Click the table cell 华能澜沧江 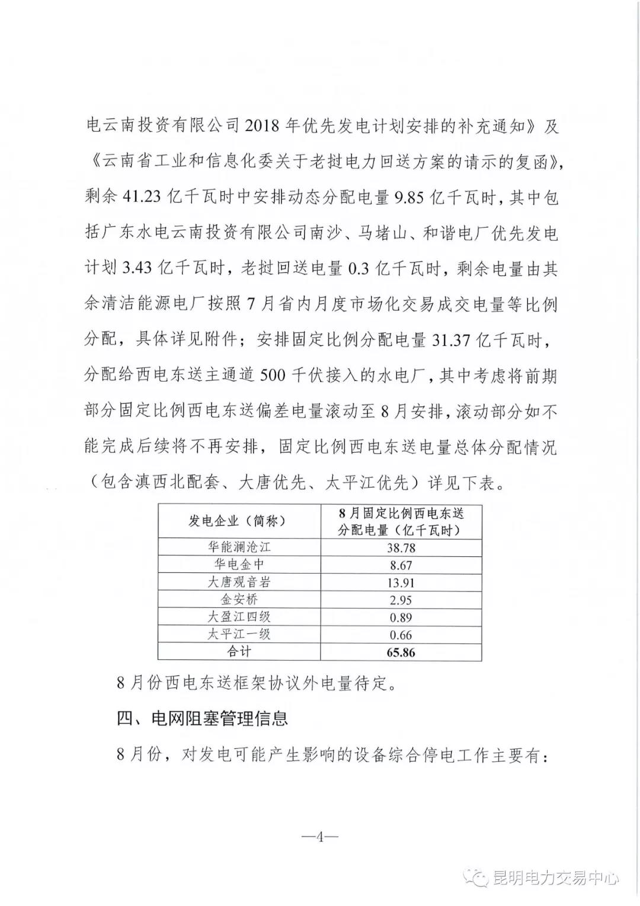point(239,548)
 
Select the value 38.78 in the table point(401,548)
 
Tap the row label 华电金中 point(239,565)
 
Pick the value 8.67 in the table point(401,565)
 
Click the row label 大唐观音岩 point(239,582)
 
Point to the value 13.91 point(401,583)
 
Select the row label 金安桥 point(239,600)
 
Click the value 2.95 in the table point(401,600)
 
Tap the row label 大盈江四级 point(239,617)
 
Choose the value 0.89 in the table point(401,617)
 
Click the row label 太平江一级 point(239,634)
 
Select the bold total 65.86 point(401,652)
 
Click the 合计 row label point(239,652)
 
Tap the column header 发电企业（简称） point(239,521)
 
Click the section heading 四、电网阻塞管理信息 point(202,719)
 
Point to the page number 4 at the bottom point(319,837)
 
